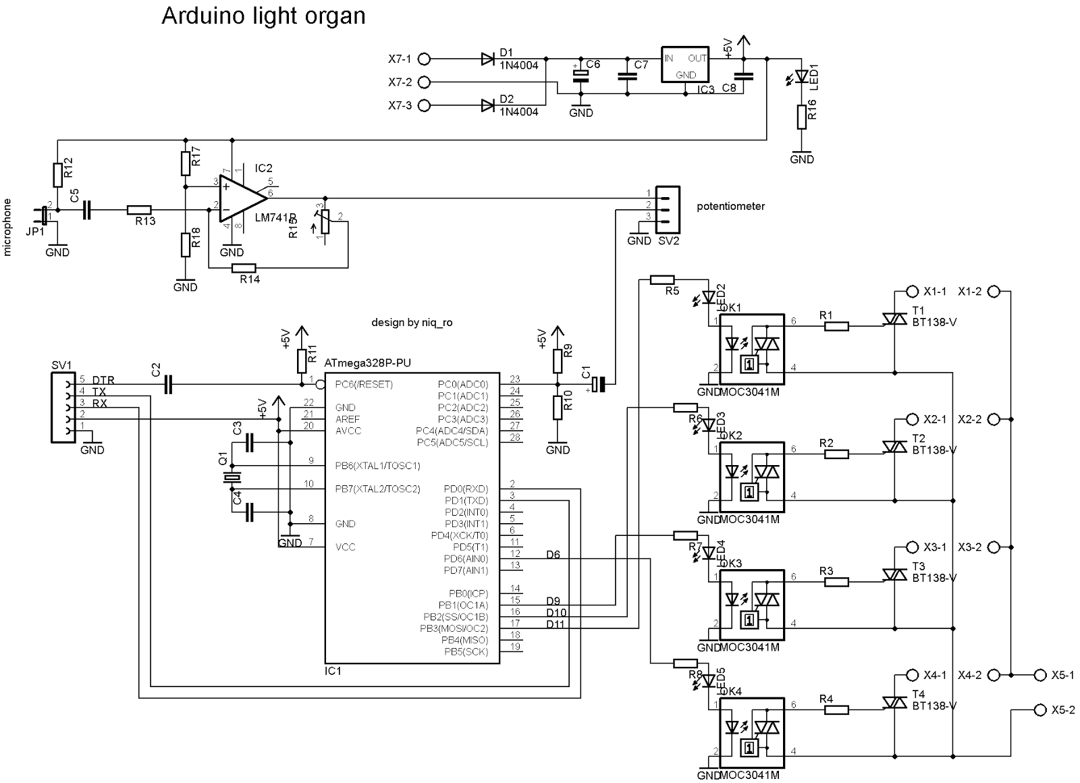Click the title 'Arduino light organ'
tap(263, 16)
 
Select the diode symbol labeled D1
tap(488, 59)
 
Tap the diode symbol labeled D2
tap(488, 105)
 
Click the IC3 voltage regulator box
tap(684, 65)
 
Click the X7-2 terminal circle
tap(424, 82)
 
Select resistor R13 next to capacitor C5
tap(139, 211)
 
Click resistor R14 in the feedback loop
tap(244, 269)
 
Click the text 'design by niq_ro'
tap(412, 323)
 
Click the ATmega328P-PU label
tap(367, 363)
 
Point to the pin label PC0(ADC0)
tap(462, 385)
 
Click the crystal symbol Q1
tap(232, 478)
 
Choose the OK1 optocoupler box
tap(751, 347)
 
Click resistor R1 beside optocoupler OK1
tap(836, 327)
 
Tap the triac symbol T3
tap(894, 574)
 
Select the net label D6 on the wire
tap(553, 555)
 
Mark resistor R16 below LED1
tap(802, 117)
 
